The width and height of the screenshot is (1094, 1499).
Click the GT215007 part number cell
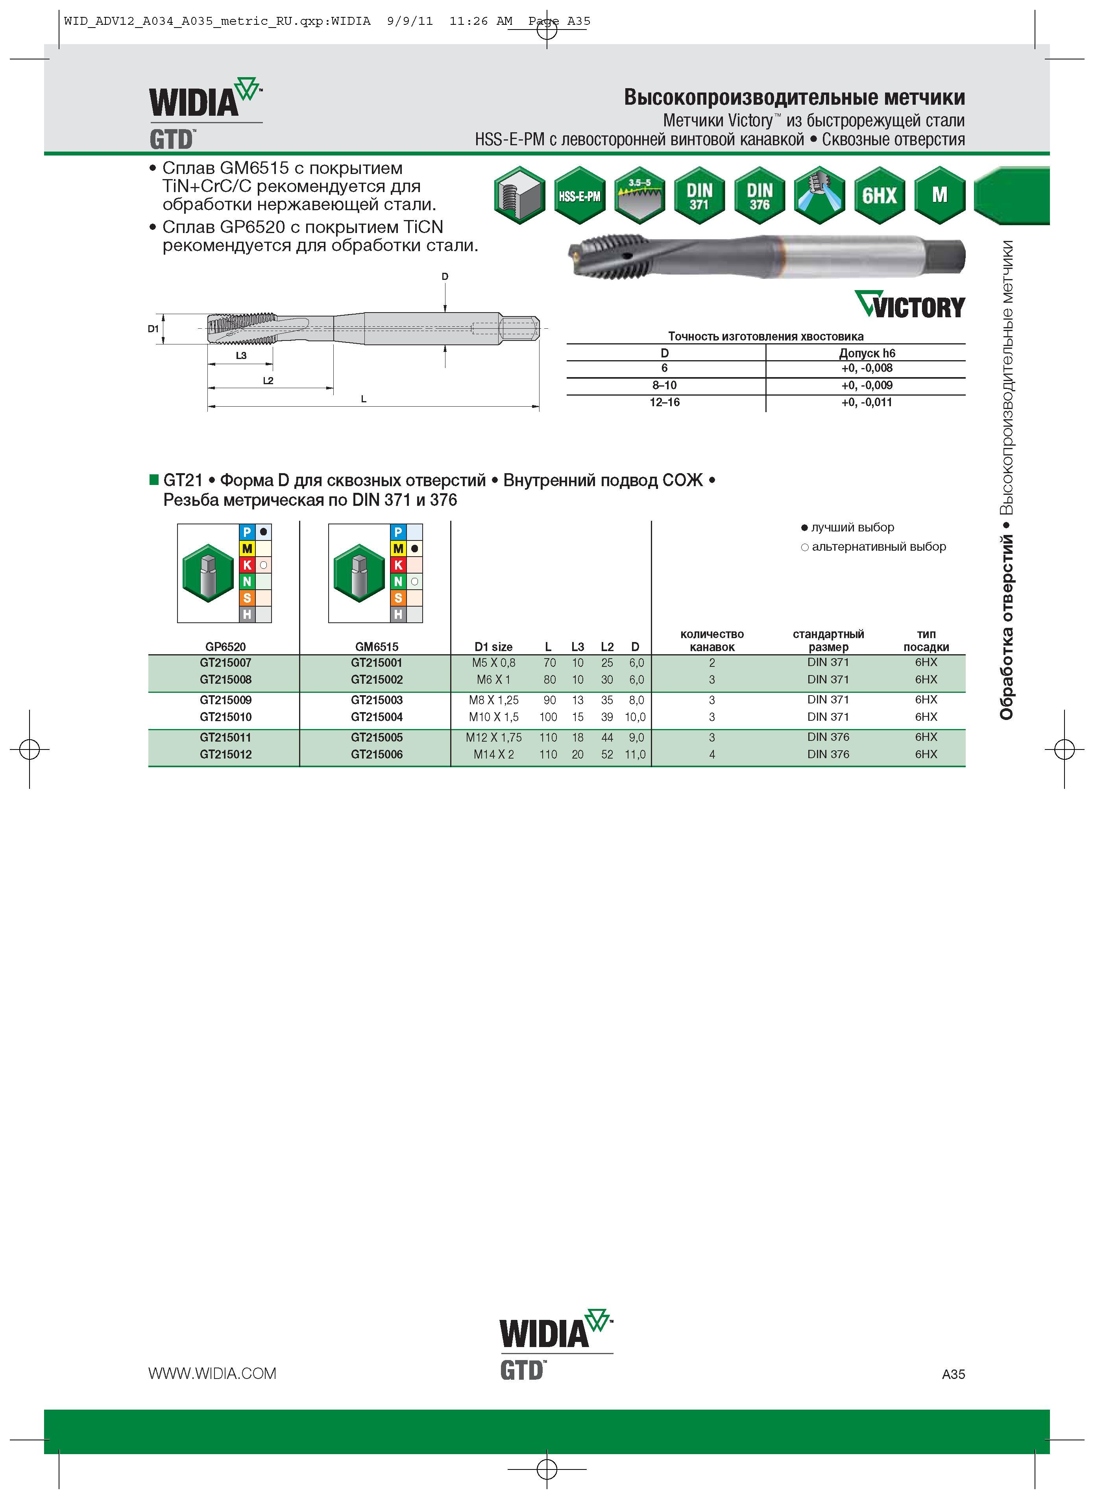[226, 663]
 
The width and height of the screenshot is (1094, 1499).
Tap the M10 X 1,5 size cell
[493, 717]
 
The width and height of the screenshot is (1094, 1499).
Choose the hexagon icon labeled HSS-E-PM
[579, 195]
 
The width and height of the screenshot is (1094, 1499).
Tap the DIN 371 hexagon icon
[699, 195]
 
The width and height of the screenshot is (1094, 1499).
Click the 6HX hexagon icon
[880, 195]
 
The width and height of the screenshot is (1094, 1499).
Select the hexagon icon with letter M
[940, 195]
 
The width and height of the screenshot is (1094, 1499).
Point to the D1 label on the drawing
[153, 329]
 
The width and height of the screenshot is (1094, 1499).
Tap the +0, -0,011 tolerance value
[867, 402]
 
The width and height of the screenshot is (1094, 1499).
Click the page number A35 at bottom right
[953, 1374]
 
